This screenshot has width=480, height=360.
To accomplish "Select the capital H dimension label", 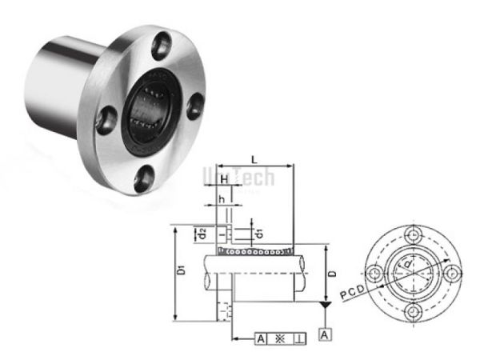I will (226, 177).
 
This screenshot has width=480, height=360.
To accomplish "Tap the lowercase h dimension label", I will (221, 198).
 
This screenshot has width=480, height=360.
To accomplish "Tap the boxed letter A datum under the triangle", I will (323, 334).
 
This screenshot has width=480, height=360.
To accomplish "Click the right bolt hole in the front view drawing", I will (453, 273).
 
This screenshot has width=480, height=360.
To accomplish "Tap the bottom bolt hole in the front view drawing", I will (414, 311).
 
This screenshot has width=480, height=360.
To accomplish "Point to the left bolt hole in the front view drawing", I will (376, 273).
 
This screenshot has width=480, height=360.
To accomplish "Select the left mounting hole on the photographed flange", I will (103, 120).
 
